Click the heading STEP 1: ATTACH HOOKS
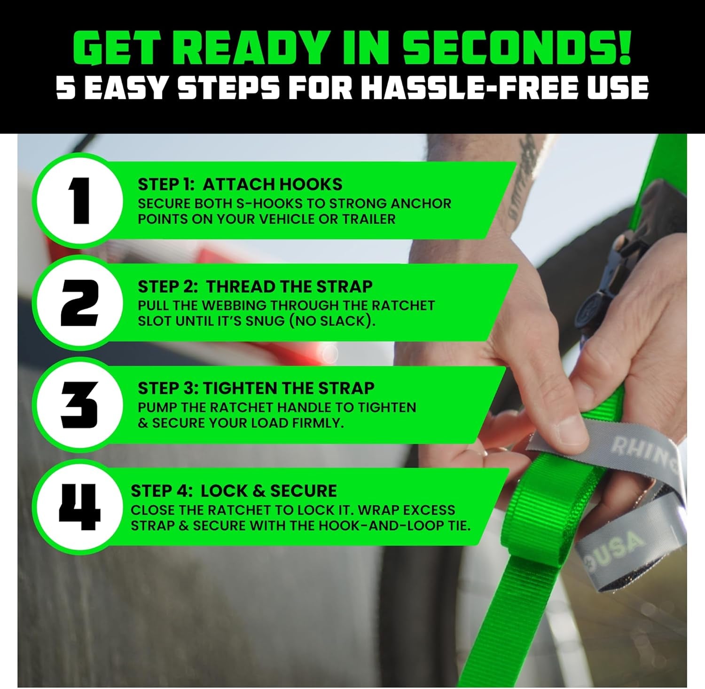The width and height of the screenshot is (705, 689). coord(240,184)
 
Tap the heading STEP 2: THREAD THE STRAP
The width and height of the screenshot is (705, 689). coord(255,286)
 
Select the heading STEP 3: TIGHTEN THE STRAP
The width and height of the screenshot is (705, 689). coord(256,388)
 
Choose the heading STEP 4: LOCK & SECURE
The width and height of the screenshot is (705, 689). coord(234,491)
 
